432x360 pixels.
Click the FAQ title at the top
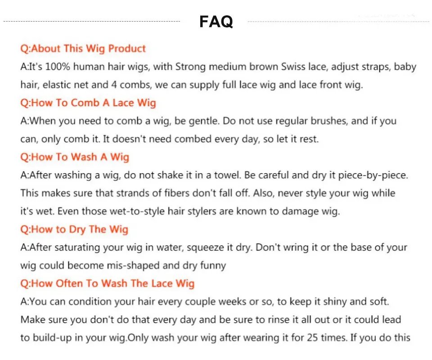216,22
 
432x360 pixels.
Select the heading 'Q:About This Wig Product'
83,49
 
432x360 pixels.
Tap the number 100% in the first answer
58,67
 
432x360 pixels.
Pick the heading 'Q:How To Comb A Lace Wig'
88,103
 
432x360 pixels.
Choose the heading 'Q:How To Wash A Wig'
75,157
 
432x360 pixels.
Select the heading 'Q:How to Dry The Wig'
74,229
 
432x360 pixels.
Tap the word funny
213,265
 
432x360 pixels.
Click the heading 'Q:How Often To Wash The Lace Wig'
108,283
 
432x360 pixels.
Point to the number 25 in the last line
312,337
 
